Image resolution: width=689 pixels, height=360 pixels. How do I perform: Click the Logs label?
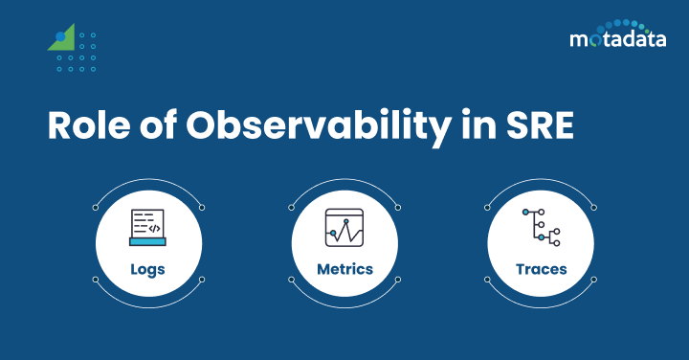(x=147, y=269)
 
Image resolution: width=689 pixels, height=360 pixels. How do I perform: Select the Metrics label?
(x=344, y=269)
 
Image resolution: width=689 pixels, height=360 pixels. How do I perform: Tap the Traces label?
(x=541, y=269)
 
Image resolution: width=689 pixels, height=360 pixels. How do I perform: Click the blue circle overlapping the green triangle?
(x=61, y=37)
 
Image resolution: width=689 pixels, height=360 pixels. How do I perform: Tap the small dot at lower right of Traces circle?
(x=594, y=279)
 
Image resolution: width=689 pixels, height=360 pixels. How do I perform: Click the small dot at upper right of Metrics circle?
(x=397, y=206)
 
